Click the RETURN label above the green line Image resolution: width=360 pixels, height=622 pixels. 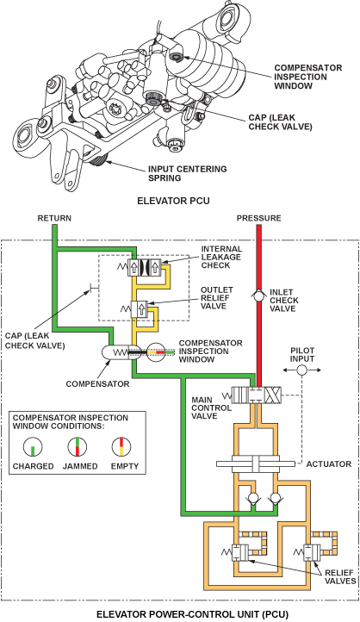click(54, 218)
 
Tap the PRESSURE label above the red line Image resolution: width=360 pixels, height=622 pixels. click(258, 218)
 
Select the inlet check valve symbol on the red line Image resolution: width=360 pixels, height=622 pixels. click(258, 295)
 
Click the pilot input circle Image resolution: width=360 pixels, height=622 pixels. click(301, 370)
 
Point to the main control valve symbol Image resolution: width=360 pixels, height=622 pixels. click(258, 395)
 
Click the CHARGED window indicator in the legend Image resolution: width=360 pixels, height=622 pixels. click(34, 447)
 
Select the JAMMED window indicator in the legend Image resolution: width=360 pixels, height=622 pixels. click(78, 447)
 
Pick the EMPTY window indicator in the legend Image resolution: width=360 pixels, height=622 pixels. click(121, 447)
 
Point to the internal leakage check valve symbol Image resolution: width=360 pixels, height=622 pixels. click(144, 267)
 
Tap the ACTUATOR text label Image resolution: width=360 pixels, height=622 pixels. click(329, 463)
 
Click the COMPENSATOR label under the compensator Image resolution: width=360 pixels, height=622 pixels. click(97, 384)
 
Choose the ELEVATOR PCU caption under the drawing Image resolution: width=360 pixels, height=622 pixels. click(173, 201)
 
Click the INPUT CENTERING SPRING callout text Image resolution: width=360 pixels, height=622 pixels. click(188, 173)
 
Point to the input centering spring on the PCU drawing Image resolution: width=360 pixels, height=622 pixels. click(97, 160)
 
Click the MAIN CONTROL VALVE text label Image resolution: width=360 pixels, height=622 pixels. click(211, 407)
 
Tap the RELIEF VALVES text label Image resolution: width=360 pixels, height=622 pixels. click(340, 577)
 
